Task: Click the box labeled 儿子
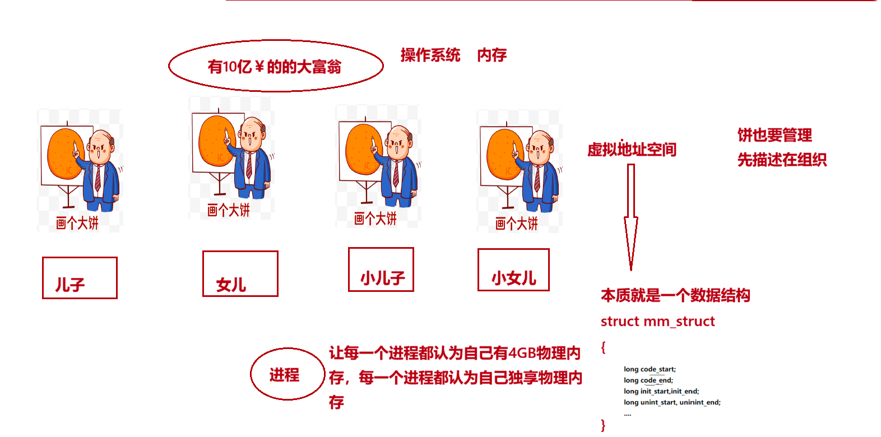coord(43,278)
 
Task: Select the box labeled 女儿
coord(203,274)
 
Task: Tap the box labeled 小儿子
coord(349,269)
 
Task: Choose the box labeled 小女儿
coord(478,270)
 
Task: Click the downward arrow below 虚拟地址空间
coord(631,217)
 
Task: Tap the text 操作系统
coord(430,55)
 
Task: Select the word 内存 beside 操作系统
coord(492,55)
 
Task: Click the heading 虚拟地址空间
coord(632,150)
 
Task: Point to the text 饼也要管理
coord(775,136)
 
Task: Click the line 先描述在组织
coord(782,160)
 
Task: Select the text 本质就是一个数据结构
coord(675,295)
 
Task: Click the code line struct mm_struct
coord(657,322)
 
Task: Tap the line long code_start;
coord(650,369)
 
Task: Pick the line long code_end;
coord(648,380)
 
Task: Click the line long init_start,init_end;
coord(661,391)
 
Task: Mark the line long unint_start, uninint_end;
coord(672,402)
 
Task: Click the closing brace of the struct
coord(604,425)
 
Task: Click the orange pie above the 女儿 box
coord(217,141)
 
